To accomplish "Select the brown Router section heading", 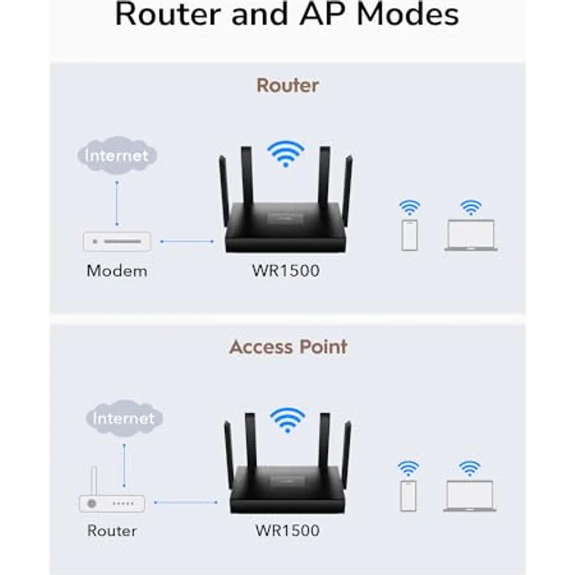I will click(x=287, y=85).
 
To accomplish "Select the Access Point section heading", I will click(x=287, y=347).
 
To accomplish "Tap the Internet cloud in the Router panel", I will click(x=116, y=155).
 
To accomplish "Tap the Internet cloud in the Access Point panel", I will click(x=123, y=418).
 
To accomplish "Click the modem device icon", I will click(x=116, y=241).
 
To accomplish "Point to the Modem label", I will click(x=116, y=272).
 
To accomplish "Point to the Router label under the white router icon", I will click(x=112, y=531).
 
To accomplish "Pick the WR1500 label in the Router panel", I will click(x=285, y=272).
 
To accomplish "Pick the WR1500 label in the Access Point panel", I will click(x=287, y=531).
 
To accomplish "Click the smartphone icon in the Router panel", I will click(x=409, y=235).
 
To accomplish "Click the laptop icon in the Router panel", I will click(x=470, y=235).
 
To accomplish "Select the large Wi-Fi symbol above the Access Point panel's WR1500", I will click(x=287, y=420).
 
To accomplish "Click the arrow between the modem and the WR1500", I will click(x=186, y=241).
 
